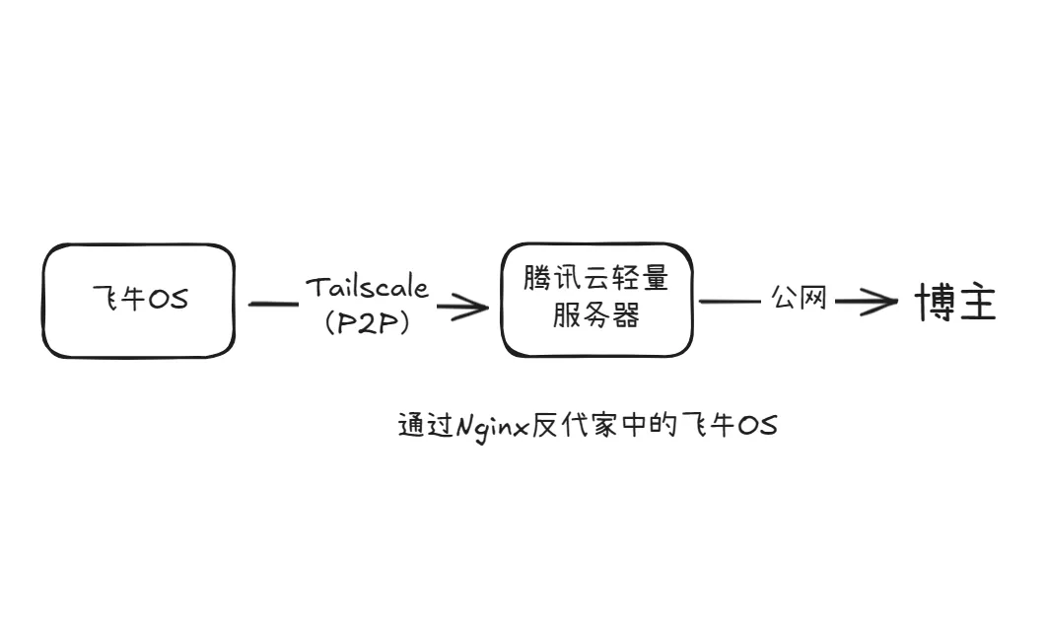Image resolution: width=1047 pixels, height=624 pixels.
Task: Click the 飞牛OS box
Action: pos(139,300)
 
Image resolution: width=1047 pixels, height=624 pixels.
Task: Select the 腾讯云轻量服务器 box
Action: pos(596,299)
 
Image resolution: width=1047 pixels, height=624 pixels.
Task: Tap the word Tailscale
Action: pos(367,287)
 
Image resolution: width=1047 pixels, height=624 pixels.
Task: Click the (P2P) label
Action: pos(367,323)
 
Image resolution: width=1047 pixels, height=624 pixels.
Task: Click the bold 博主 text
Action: pos(955,303)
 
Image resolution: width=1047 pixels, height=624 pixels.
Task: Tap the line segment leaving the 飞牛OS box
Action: pos(272,304)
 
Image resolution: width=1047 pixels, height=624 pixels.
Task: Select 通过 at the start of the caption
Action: pos(423,426)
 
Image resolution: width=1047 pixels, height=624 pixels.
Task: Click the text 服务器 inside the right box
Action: pos(595,316)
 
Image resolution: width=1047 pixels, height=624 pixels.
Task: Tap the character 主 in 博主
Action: pos(977,303)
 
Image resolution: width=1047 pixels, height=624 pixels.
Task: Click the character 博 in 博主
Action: pos(934,303)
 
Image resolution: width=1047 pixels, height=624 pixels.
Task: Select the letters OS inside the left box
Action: pos(167,300)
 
